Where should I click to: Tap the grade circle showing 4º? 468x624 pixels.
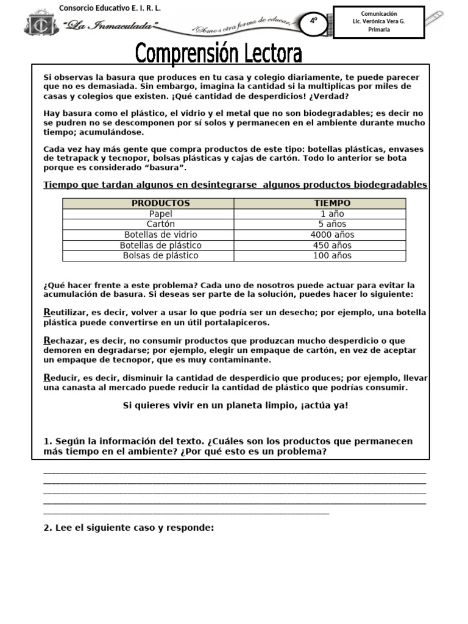[314, 21]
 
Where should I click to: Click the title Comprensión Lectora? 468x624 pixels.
[219, 54]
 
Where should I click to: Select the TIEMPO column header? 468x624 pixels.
[332, 204]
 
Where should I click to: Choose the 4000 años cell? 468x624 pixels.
[332, 235]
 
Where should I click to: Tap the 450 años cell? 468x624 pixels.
[332, 245]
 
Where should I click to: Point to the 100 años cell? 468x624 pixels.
[332, 256]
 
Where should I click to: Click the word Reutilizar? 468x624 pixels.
[63, 313]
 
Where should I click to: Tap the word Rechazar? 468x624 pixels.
[62, 341]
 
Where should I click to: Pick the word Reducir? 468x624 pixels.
[59, 377]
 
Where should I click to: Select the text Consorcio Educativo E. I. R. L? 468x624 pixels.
[110, 7]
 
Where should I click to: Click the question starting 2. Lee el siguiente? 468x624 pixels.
[129, 528]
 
